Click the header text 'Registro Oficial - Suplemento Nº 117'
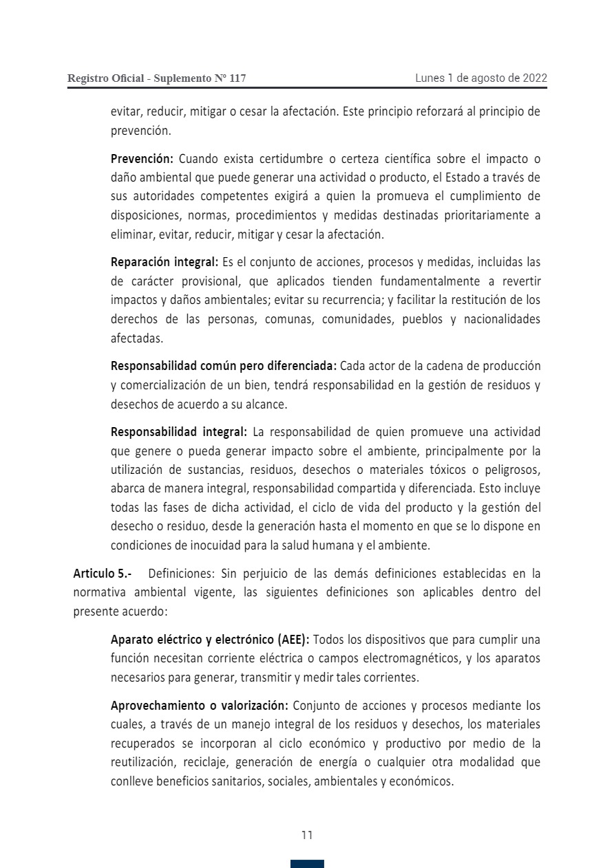156,78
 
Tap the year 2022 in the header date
535,78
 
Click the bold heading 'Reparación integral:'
165,262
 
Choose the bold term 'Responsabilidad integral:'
179,432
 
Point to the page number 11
307,835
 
